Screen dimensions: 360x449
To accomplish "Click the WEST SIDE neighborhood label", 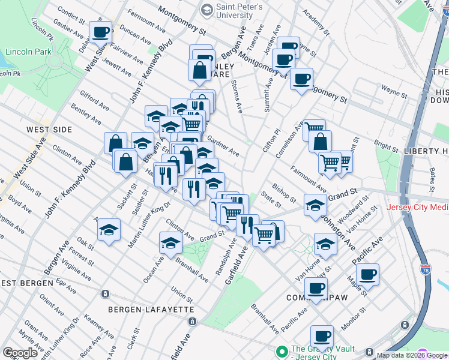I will click(49, 130).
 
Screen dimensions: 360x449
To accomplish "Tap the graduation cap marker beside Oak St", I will click(109, 230).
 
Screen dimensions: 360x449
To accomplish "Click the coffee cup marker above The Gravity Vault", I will click(322, 336).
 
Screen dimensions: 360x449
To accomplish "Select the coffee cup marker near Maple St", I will click(367, 274).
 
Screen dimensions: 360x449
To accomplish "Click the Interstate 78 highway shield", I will click(425, 271).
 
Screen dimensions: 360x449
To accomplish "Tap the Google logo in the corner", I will click(20, 353).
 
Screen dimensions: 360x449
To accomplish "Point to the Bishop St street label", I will click(284, 193).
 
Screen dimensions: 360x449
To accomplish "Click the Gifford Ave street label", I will click(92, 99).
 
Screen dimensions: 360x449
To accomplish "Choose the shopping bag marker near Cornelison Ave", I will click(320, 142).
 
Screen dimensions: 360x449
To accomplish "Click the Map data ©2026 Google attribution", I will click(412, 355).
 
